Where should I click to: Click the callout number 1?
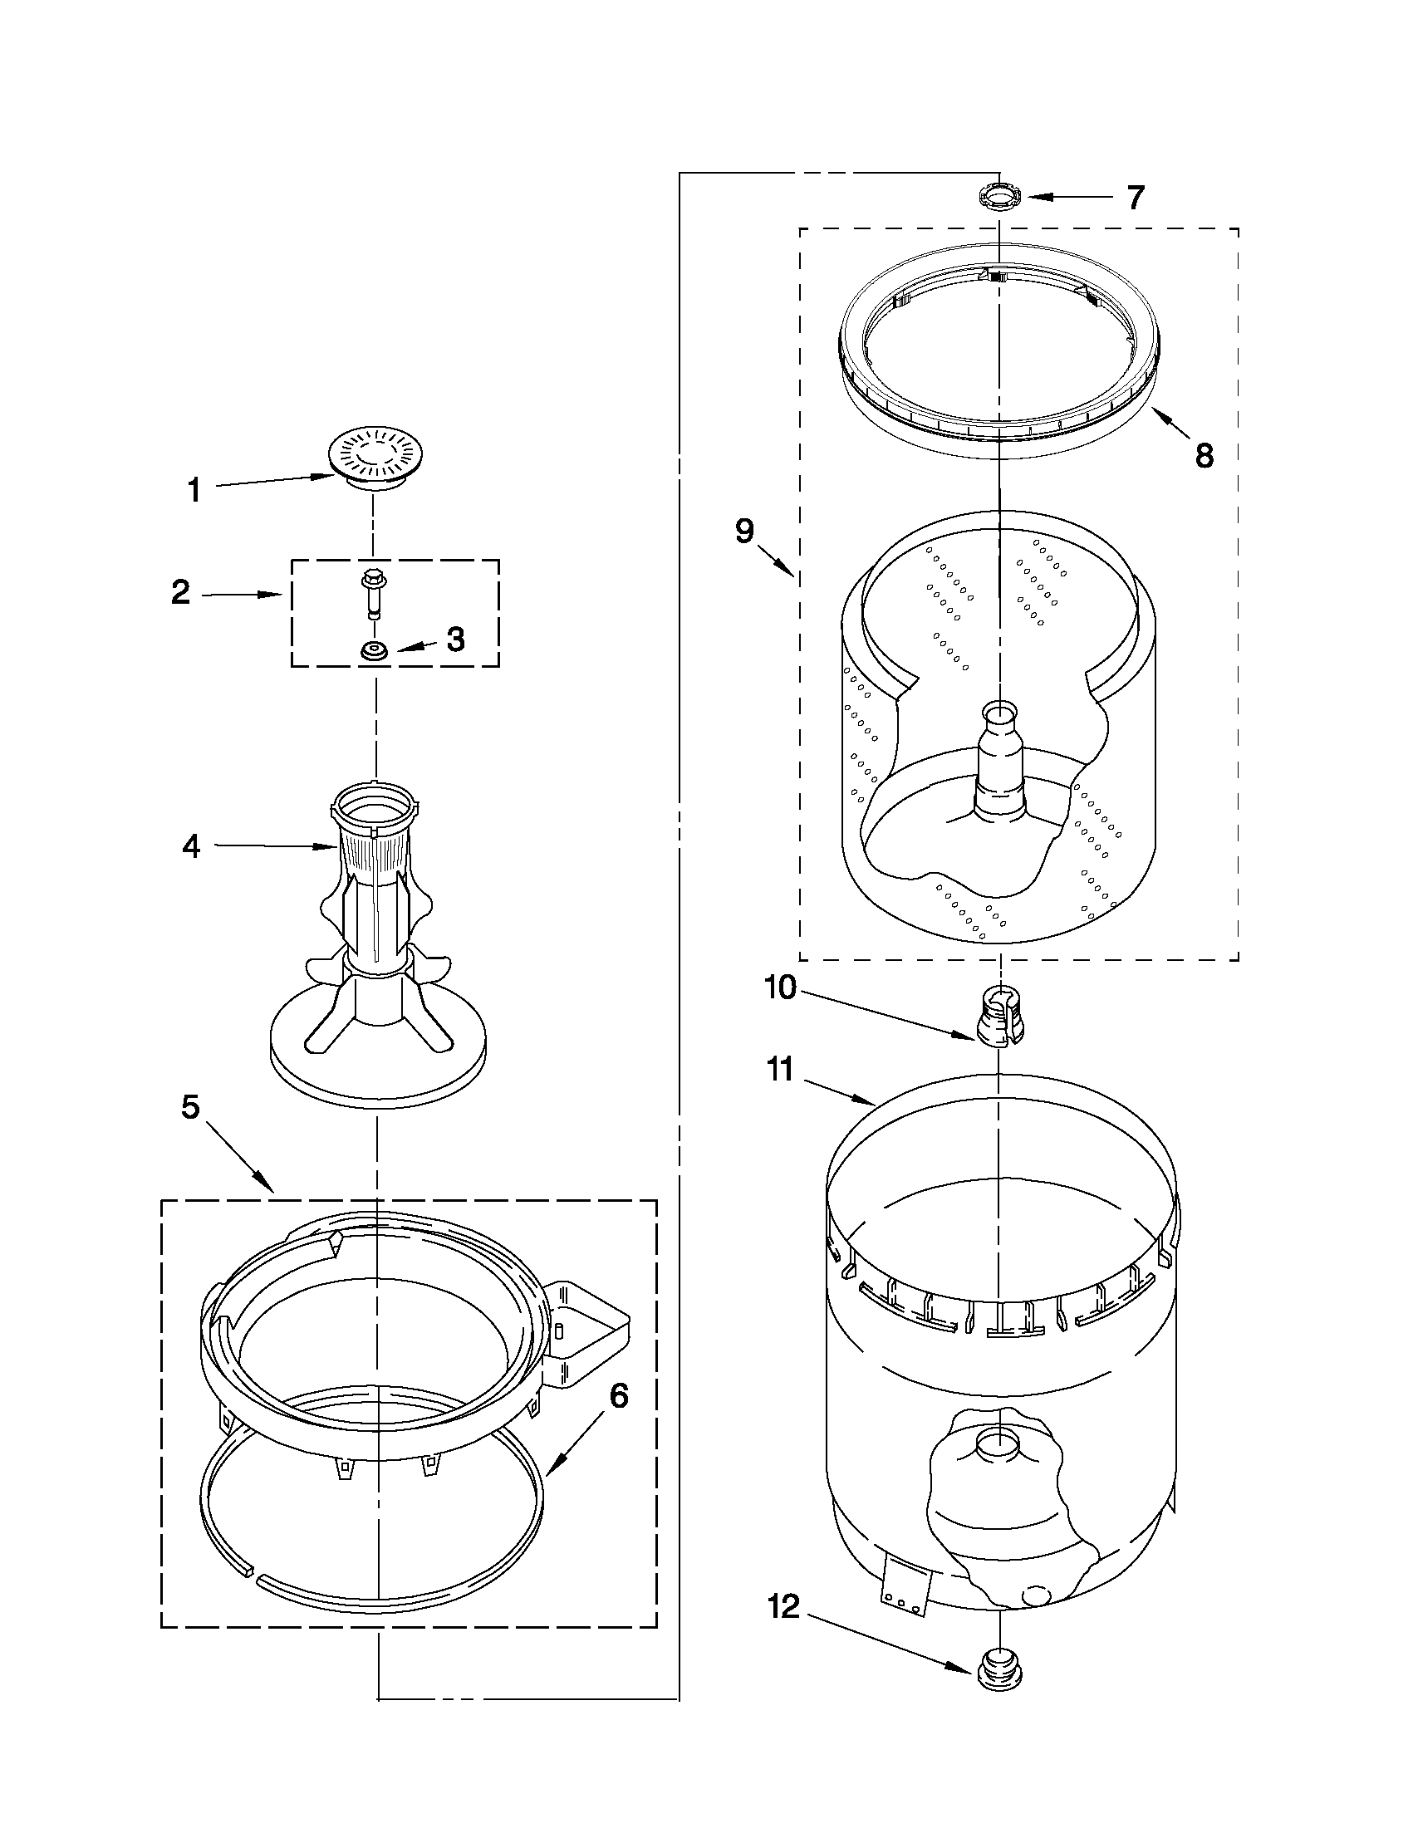pos(194,491)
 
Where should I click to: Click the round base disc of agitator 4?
pos(377,1062)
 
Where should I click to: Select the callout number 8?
pos(1204,456)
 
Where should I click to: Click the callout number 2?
pos(181,593)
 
